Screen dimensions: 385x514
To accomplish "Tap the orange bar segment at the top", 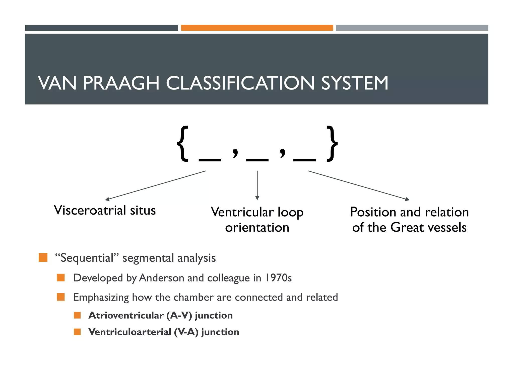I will (257, 28).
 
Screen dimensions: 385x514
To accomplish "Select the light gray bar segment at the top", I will (412, 28).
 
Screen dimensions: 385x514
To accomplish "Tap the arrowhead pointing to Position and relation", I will (407, 199).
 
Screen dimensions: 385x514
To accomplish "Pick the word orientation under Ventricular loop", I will (257, 228).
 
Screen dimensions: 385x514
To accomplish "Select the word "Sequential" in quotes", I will (87, 258).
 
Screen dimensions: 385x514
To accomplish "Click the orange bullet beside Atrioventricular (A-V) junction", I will (77, 315).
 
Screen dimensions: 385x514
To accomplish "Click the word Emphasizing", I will (101, 297).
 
